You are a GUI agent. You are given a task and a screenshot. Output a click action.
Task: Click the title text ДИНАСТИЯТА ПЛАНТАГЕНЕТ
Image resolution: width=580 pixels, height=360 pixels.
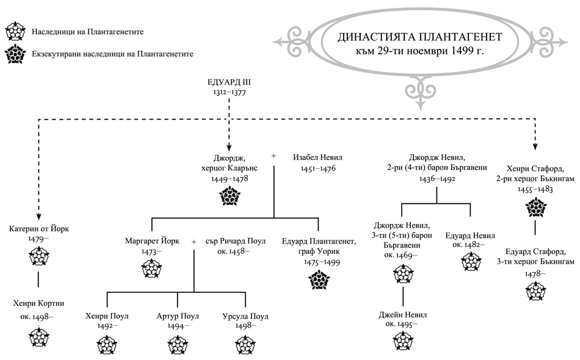pos(421,37)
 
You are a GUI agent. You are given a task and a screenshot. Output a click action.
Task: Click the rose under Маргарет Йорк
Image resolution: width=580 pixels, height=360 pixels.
pos(151,267)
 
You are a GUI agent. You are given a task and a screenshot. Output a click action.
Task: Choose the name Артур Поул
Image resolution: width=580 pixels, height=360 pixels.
pos(178,316)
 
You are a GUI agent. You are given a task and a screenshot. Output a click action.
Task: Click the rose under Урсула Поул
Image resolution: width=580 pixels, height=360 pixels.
pos(247,345)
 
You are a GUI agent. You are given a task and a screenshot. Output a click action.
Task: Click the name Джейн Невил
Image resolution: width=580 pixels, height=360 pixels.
pos(402,315)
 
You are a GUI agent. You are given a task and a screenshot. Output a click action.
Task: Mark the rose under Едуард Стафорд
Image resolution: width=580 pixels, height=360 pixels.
pos(536,290)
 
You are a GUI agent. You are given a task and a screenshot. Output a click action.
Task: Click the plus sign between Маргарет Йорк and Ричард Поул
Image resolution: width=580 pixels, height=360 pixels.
pos(194,242)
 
